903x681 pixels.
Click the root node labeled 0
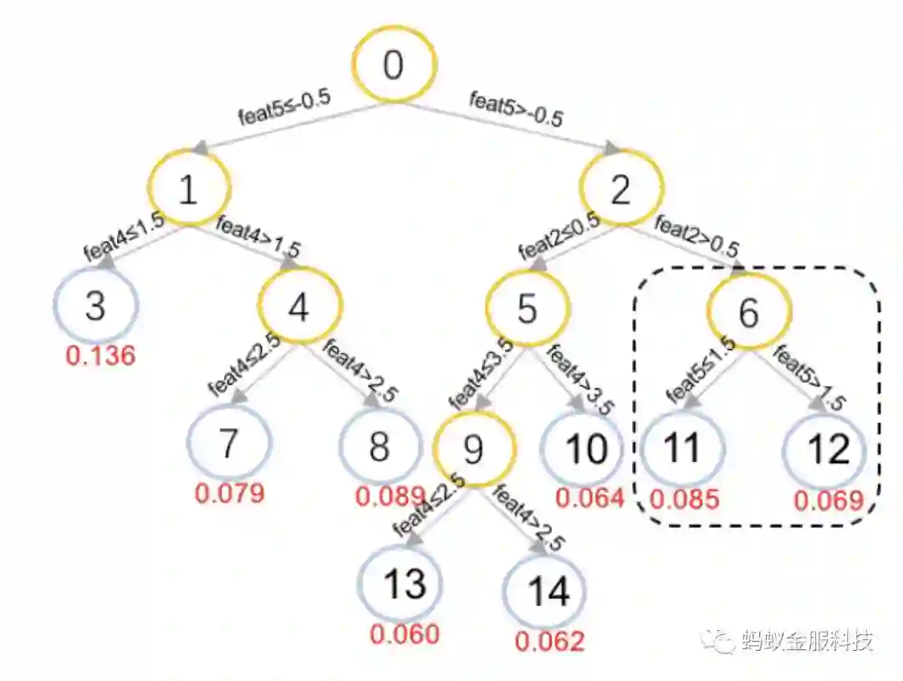pos(393,66)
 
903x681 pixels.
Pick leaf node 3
pos(95,307)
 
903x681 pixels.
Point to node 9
pos(474,449)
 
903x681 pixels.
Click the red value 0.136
pos(100,356)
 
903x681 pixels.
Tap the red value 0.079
pos(229,492)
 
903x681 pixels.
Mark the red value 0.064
pos(590,498)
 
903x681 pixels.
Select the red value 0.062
pos(549,642)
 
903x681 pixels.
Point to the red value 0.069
pos(828,501)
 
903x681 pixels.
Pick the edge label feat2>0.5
pos(696,237)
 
